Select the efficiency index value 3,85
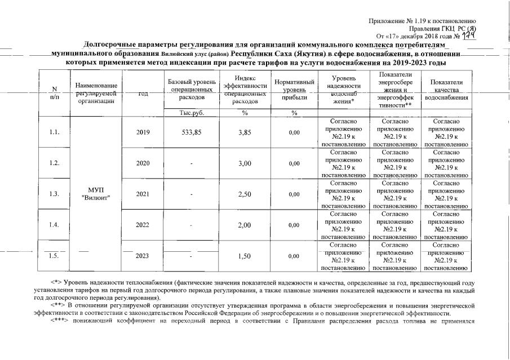tap(244, 132)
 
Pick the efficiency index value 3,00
tap(244, 163)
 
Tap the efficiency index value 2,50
tap(244, 194)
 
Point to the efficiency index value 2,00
tap(244, 225)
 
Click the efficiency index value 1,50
tap(244, 256)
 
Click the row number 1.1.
tap(54, 132)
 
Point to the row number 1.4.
tap(54, 225)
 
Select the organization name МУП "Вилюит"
tap(96, 193)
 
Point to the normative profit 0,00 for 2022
tap(294, 225)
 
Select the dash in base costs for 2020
tap(191, 164)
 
